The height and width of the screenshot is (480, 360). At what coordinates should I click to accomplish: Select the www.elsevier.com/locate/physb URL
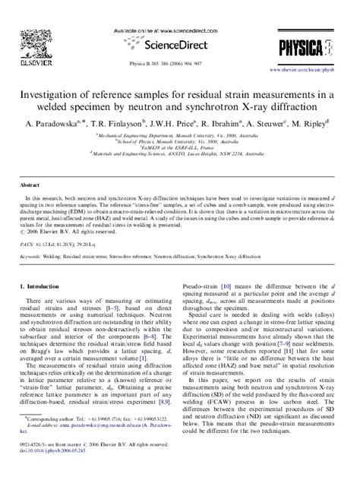(x=313, y=55)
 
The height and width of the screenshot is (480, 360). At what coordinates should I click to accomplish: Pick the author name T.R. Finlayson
(x=115, y=122)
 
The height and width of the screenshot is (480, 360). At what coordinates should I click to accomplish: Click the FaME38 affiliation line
(x=179, y=147)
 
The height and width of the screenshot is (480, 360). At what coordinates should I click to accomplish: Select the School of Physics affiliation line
(x=179, y=141)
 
